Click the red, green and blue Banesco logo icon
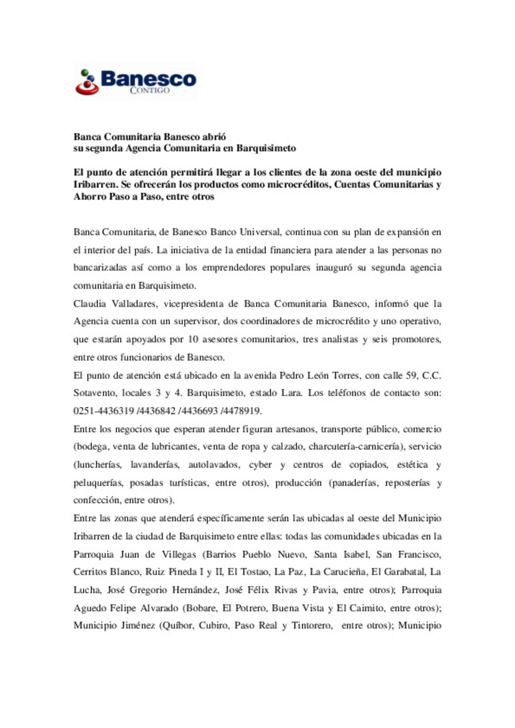87,82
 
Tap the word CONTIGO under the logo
149,91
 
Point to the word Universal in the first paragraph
260,233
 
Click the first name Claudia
90,304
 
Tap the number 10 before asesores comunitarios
193,340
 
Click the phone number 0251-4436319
103,411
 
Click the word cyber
260,465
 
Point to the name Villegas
179,555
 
